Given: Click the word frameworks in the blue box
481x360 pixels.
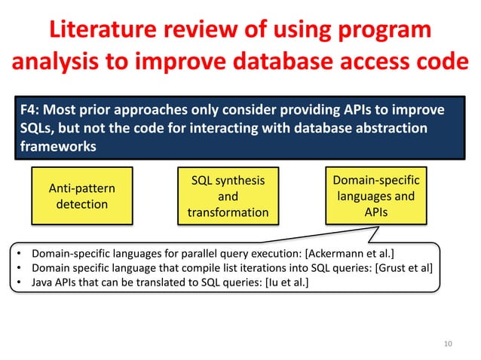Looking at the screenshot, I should click(x=57, y=146).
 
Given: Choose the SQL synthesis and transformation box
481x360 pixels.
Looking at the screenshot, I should click(x=228, y=196).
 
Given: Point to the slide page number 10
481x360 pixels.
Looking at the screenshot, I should click(x=449, y=343).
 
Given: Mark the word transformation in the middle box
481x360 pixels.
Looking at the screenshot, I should click(x=228, y=212).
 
